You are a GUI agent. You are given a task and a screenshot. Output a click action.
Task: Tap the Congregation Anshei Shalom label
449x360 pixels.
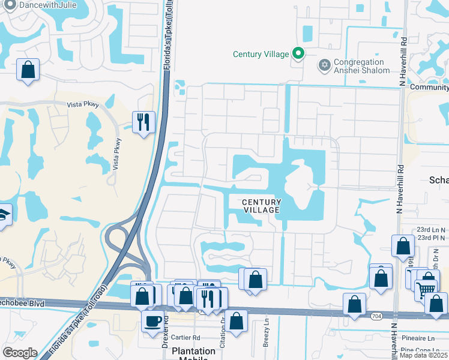(x=359, y=66)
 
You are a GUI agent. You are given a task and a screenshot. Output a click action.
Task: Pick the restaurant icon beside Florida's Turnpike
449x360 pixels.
(x=143, y=122)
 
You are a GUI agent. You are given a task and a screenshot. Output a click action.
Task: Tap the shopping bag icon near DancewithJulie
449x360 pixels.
(x=28, y=70)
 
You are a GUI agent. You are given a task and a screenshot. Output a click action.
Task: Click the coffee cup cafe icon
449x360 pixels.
(x=151, y=320)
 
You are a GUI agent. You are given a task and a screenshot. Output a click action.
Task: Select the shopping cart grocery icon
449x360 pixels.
(x=426, y=289)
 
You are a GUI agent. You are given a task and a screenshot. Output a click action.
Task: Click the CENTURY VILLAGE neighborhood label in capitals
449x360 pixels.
(x=261, y=206)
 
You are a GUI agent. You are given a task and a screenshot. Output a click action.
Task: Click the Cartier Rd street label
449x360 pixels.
(x=185, y=338)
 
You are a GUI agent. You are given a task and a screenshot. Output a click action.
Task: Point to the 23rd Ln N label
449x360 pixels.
(x=431, y=230)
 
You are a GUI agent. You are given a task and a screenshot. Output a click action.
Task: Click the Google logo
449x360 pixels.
(x=20, y=353)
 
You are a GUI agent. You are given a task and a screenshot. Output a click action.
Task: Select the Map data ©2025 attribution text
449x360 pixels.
(x=423, y=355)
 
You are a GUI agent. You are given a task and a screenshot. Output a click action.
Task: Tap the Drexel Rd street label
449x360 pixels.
(x=164, y=329)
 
